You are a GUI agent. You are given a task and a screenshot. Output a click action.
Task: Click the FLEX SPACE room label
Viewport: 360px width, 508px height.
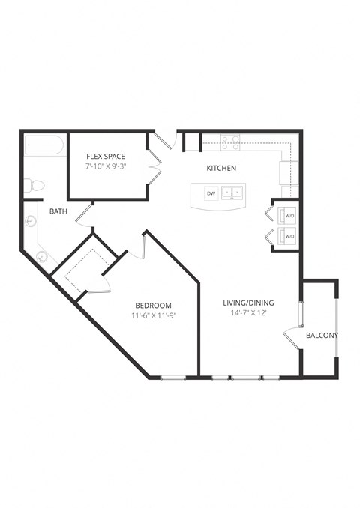pos(105,156)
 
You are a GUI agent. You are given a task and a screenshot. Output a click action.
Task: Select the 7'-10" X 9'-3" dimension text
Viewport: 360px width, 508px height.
pos(105,166)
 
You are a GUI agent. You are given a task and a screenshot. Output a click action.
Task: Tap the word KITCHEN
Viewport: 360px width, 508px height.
pos(222,169)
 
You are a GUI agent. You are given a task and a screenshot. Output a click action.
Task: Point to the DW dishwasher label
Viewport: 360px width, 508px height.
pos(211,193)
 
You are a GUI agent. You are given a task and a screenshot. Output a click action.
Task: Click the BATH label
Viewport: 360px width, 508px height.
pos(58,212)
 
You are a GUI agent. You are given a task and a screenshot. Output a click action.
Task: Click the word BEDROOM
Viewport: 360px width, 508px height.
pos(154,306)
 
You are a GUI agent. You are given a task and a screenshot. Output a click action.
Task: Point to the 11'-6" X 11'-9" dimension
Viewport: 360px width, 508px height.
pos(154,316)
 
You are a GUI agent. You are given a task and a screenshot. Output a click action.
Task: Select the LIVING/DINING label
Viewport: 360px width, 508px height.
pos(248,303)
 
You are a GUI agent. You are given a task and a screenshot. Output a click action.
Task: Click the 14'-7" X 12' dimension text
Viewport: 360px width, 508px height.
pos(248,313)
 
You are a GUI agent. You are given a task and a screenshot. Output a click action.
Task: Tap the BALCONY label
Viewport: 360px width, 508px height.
pos(322,335)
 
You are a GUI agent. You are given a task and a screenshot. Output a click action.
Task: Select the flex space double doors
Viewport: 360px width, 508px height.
pos(155,166)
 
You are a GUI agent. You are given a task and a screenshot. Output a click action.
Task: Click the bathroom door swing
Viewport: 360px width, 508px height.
pos(84,217)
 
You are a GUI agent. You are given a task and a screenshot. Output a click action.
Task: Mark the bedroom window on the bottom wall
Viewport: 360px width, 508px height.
pos(173,376)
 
